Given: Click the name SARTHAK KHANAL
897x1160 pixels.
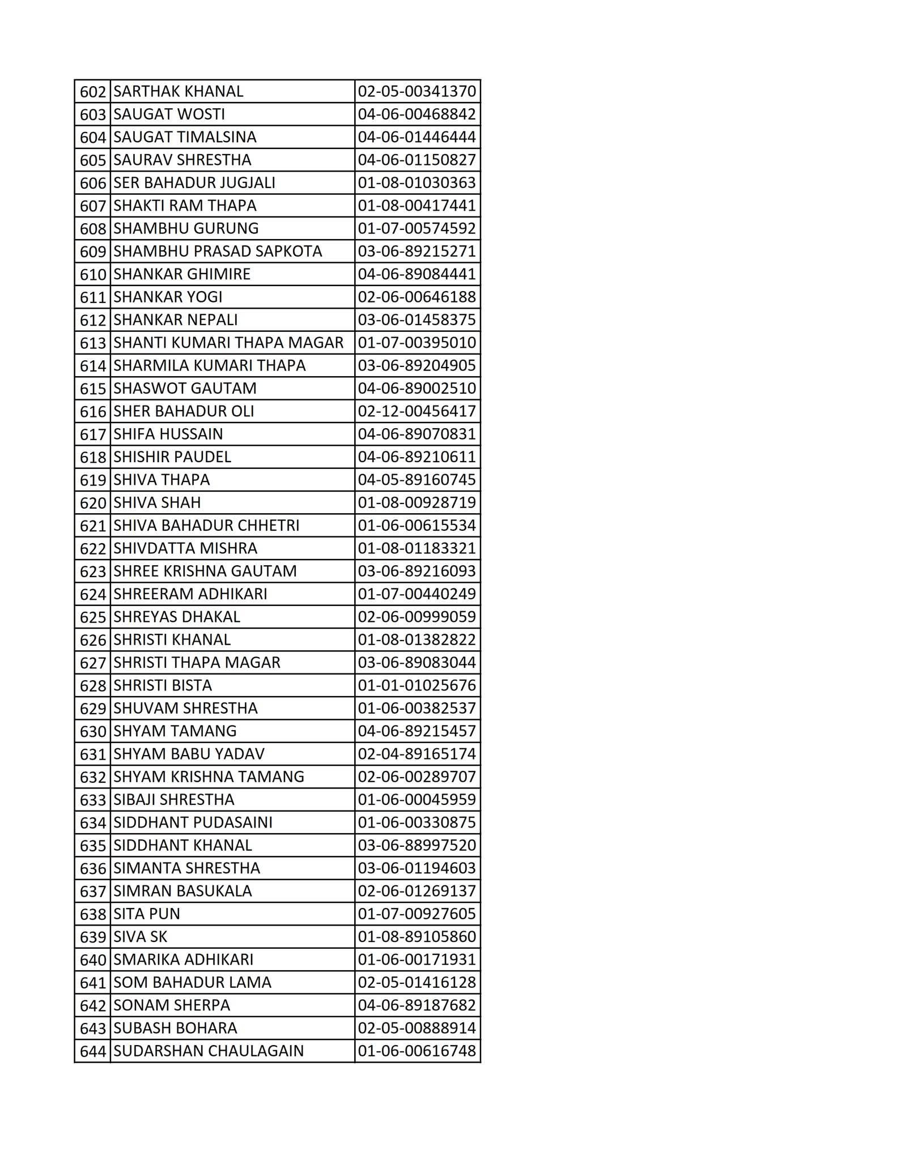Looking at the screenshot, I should tap(178, 91).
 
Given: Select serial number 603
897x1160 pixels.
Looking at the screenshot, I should tap(93, 114).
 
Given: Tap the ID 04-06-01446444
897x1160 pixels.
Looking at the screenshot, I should tap(416, 137).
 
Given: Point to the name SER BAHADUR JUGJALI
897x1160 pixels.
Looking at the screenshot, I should tap(194, 183).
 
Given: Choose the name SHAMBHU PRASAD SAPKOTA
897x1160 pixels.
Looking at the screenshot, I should tap(218, 251).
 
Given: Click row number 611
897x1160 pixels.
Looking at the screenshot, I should tap(93, 297).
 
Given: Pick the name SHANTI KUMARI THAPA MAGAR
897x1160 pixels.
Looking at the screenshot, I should tap(228, 343).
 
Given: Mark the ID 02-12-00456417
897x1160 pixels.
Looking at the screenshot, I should tap(416, 411).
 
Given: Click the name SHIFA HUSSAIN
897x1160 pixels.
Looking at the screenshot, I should tap(168, 434).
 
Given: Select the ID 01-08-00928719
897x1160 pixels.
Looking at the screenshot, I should tap(416, 502).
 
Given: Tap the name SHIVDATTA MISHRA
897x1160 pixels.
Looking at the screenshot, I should tap(185, 548).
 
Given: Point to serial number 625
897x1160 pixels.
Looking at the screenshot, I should tap(93, 617).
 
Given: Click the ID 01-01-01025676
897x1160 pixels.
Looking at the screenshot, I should tap(416, 685).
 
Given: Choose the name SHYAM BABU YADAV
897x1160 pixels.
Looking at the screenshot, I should tap(189, 754).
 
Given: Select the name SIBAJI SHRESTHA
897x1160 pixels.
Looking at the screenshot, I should tap(173, 799).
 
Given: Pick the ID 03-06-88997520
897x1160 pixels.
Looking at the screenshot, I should tap(416, 845).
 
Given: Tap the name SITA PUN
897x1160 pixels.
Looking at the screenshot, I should tap(146, 914).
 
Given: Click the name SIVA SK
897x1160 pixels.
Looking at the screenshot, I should tap(140, 936).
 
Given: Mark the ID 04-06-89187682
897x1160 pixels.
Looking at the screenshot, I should tap(416, 1005).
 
